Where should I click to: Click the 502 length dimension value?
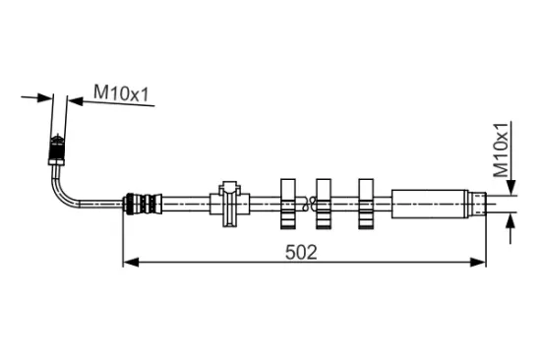pos(301,253)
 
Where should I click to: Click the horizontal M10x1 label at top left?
pos(121,93)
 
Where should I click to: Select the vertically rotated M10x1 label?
pos(501,150)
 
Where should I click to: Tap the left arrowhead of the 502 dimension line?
pos(131,262)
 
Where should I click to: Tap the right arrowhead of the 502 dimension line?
pos(478,262)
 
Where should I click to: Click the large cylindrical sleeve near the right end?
pos(430,204)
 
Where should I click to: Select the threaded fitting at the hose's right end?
pos(477,204)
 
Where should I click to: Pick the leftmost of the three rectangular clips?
pos(288,204)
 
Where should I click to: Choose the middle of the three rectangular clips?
pos(324,204)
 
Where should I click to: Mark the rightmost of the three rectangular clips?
pos(366,204)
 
